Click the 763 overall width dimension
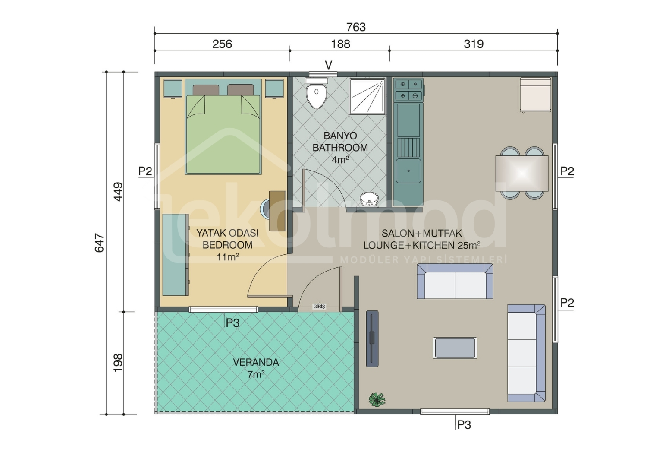pyautogui.click(x=356, y=27)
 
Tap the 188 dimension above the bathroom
pyautogui.click(x=340, y=44)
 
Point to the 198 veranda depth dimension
pyautogui.click(x=118, y=363)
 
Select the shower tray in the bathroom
pyautogui.click(x=367, y=97)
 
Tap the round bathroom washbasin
pyautogui.click(x=369, y=199)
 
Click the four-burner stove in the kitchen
pyautogui.click(x=409, y=89)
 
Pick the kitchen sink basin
pyautogui.click(x=408, y=171)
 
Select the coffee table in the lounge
pyautogui.click(x=455, y=348)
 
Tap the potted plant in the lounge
pyautogui.click(x=377, y=399)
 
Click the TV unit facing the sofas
pyautogui.click(x=372, y=339)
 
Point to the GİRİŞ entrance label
pyautogui.click(x=319, y=307)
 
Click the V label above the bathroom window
pyautogui.click(x=328, y=65)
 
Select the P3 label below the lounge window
pyautogui.click(x=464, y=425)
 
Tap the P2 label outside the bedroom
pyautogui.click(x=145, y=171)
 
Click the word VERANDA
pyautogui.click(x=256, y=362)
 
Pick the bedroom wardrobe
pyautogui.click(x=176, y=255)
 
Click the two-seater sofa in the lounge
pyautogui.click(x=455, y=281)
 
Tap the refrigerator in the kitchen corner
pyautogui.click(x=536, y=95)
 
